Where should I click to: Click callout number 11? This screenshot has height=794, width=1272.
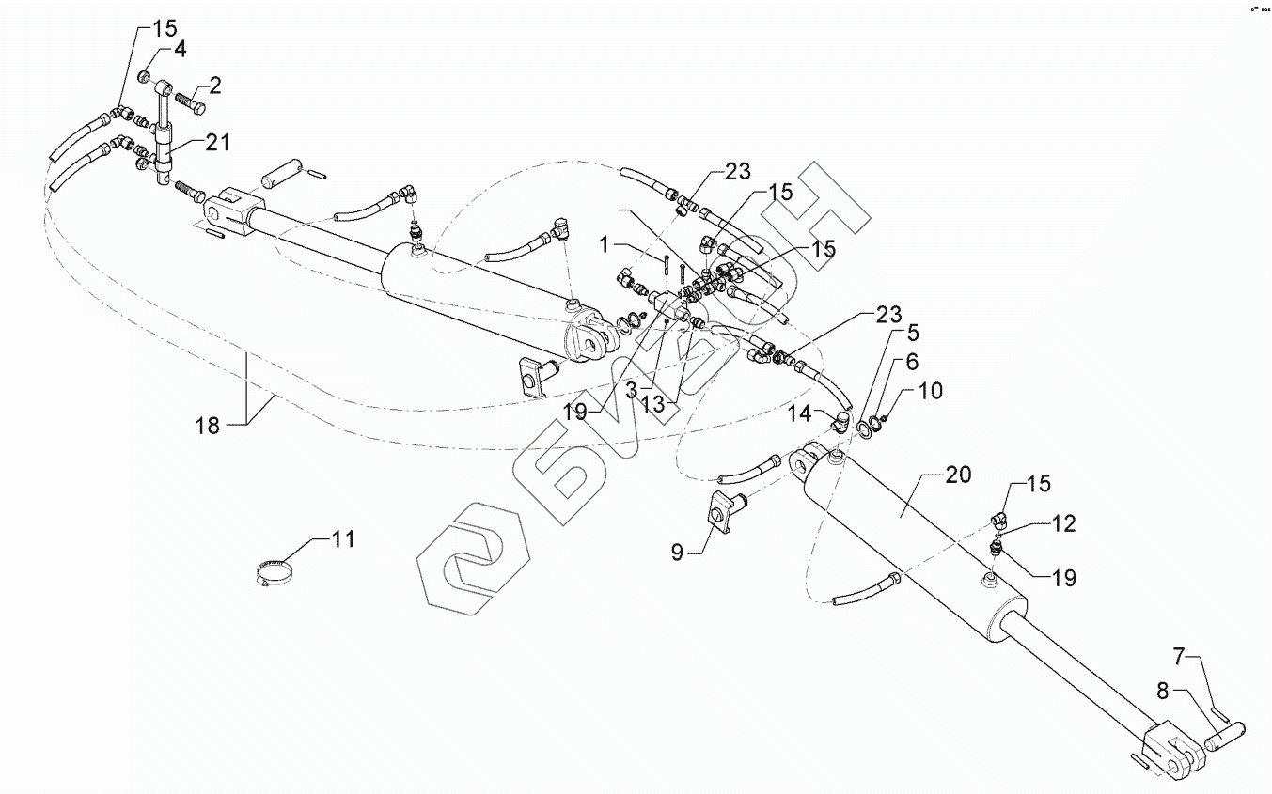[x=343, y=539]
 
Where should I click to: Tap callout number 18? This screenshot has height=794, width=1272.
[x=207, y=426]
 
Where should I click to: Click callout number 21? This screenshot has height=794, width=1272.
[x=218, y=143]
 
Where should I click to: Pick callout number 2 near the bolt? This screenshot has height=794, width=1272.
[x=215, y=87]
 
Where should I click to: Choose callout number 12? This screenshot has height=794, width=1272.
[x=1062, y=522]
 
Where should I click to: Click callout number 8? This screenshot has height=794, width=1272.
[x=1163, y=693]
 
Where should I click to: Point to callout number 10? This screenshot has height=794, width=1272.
[x=930, y=390]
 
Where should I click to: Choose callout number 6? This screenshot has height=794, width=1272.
[x=912, y=361]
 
